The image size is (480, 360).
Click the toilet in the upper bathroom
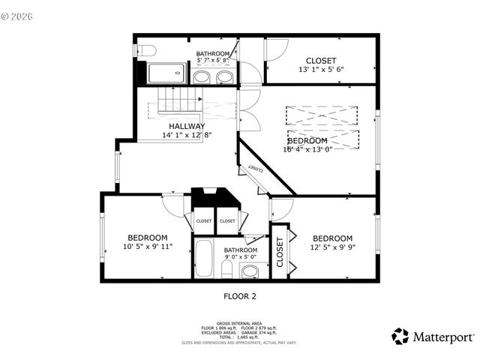tap(147, 50)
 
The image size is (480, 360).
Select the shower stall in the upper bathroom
tap(169, 73)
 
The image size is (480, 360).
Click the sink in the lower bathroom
tap(251, 270)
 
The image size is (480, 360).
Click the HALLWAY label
tap(187, 126)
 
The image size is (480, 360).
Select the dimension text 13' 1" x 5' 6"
tap(320, 70)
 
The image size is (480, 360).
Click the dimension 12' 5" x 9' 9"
tap(332, 247)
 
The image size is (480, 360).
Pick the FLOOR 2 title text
tap(240, 295)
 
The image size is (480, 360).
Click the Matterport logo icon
tap(400, 336)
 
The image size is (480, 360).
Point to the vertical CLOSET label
tap(280, 253)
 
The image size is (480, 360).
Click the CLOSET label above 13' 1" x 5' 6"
tap(321, 61)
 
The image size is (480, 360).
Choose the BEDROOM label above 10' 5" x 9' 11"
tap(147, 237)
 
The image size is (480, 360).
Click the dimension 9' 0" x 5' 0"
tap(240, 259)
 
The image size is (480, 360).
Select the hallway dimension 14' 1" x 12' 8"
tap(187, 135)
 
